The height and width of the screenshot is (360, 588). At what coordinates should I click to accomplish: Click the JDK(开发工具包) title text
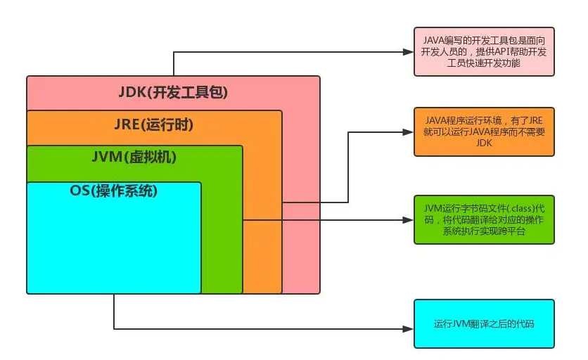tap(173, 92)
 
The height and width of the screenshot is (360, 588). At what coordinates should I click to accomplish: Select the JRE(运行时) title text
tap(153, 126)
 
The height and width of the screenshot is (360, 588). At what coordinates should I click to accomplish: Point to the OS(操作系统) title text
tap(114, 191)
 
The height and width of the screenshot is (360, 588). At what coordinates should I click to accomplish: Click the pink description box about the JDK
tap(484, 51)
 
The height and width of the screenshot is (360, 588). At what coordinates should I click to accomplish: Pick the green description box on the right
tap(484, 219)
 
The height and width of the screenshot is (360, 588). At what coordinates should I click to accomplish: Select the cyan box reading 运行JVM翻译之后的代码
tap(484, 323)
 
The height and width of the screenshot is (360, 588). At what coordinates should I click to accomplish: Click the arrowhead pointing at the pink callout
tap(407, 52)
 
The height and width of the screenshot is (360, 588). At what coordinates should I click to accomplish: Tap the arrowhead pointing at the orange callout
tap(407, 131)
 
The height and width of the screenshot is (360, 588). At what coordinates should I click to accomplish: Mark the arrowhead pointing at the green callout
tap(407, 220)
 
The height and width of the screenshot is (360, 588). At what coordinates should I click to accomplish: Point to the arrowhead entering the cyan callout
tap(407, 329)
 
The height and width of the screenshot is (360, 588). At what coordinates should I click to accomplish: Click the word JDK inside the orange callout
tap(484, 142)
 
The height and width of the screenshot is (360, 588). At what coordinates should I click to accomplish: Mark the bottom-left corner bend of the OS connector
tap(114, 329)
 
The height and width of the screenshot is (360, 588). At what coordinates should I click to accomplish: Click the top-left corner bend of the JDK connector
tap(173, 52)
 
